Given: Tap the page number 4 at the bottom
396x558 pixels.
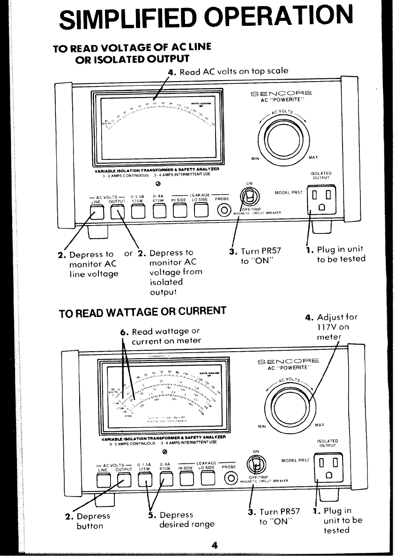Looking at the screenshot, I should tap(215, 545).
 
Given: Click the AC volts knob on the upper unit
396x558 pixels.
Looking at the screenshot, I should tap(281, 138).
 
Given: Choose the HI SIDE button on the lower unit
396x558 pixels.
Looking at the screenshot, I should tap(187, 479).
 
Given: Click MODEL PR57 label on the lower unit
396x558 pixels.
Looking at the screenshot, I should tap(296, 460).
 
